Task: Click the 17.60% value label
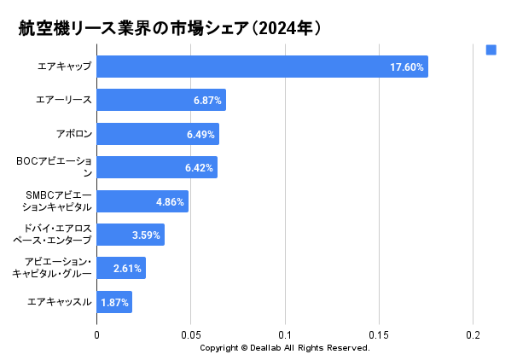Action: [x=407, y=67]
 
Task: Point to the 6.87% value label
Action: [x=207, y=101]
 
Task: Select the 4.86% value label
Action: [x=170, y=201]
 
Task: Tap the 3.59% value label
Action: [x=146, y=235]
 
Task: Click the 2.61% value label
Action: [x=127, y=269]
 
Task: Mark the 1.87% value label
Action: [x=114, y=303]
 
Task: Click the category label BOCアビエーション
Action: [x=54, y=167]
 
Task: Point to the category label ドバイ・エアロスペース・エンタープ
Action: [x=53, y=235]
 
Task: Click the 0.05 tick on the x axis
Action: [x=191, y=334]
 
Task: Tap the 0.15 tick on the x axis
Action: [x=379, y=334]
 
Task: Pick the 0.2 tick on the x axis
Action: [x=473, y=334]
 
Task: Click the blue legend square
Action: [x=491, y=50]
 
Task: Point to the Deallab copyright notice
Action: [x=284, y=348]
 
